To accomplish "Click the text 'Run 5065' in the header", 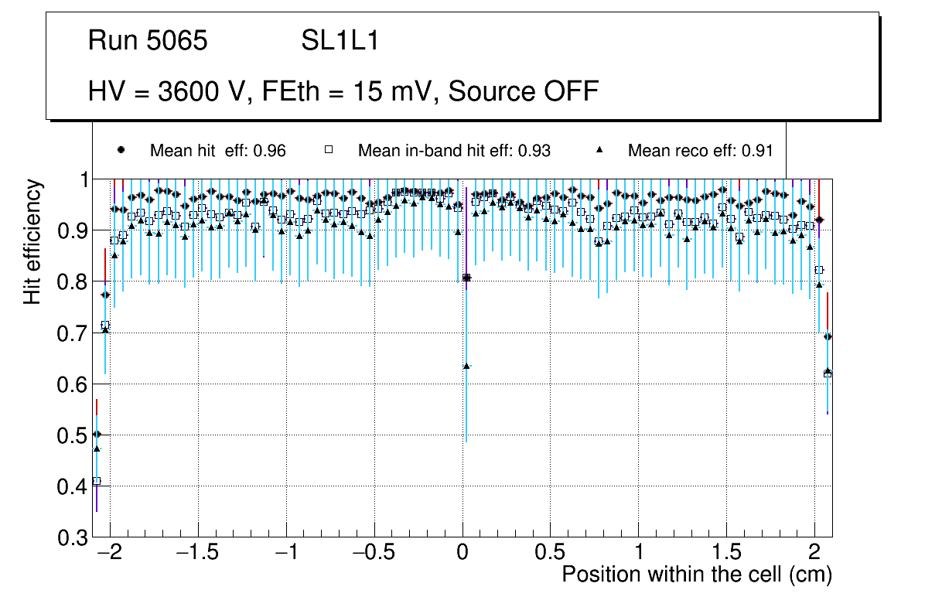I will pos(148,41).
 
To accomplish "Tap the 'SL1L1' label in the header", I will pos(340,41).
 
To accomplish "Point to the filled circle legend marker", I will pos(121,150).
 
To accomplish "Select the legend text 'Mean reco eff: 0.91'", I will pos(700,151).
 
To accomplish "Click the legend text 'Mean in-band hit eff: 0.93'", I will pos(454,151).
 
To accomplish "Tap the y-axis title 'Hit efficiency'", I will pos(32,241).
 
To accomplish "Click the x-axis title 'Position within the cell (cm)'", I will pos(696,575).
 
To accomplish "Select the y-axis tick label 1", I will pos(80,179).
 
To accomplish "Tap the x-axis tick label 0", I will pos(462,553).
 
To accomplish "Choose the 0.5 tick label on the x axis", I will pos(550,553).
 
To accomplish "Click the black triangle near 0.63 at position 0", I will pos(466,366).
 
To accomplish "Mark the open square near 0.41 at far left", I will pos(97,481).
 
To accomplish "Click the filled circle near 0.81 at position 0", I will pos(466,277).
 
